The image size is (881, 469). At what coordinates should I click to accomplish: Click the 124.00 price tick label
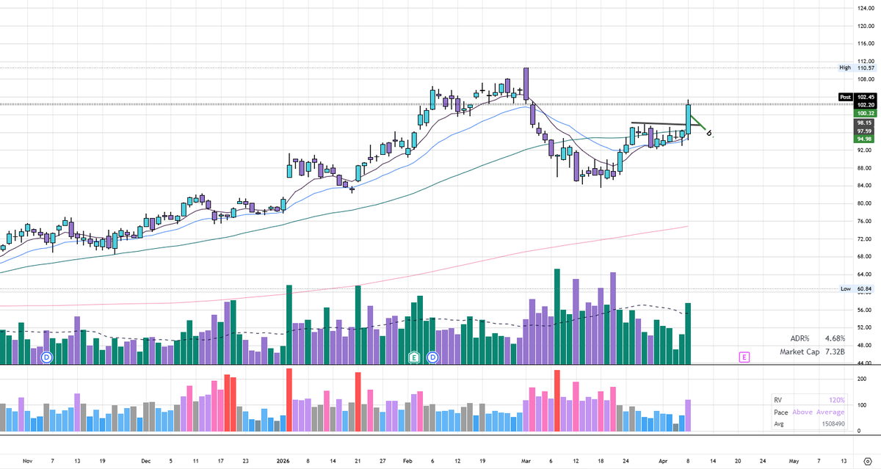click(x=867, y=8)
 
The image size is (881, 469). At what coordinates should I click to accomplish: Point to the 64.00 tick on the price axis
click(x=866, y=257)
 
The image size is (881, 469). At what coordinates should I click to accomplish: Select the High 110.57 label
click(x=858, y=68)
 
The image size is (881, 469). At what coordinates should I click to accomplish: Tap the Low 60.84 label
click(x=858, y=289)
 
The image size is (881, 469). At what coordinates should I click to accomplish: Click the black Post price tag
click(x=846, y=97)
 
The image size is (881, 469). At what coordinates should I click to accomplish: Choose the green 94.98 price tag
click(x=866, y=139)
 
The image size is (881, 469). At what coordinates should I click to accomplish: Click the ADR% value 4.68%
click(x=835, y=338)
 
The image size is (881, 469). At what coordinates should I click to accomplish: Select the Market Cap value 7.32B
click(x=835, y=352)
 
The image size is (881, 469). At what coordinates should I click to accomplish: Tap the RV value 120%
click(x=837, y=400)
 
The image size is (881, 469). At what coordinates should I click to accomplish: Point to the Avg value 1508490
click(x=830, y=423)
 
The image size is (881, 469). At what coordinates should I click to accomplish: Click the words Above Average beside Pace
click(x=819, y=412)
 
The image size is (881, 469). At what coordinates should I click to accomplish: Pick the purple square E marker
click(x=744, y=357)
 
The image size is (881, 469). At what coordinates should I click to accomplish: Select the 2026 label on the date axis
click(x=282, y=461)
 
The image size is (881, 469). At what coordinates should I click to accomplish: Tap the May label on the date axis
click(x=794, y=461)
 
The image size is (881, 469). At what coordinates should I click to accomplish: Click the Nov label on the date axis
click(x=28, y=461)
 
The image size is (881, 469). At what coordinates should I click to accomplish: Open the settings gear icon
click(x=867, y=461)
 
